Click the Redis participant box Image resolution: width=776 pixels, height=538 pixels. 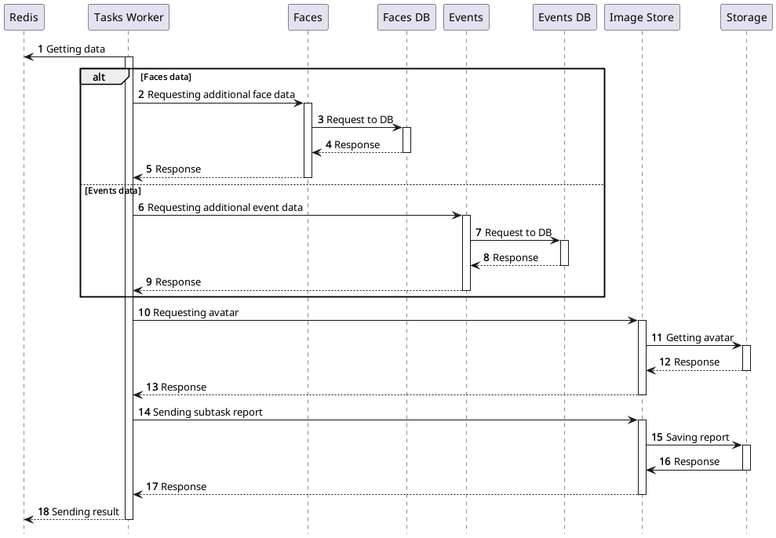pos(24,17)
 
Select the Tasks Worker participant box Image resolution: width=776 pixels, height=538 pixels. pos(128,17)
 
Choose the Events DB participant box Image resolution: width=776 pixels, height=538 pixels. pos(563,17)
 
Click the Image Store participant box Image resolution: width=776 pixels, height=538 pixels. pos(641,17)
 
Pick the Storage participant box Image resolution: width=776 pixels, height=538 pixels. pos(746,17)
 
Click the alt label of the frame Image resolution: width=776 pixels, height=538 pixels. pos(99,77)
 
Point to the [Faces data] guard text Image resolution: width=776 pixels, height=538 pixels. pos(166,77)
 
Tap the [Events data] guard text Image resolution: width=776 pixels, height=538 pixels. pos(112,190)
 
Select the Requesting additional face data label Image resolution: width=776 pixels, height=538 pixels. pos(220,94)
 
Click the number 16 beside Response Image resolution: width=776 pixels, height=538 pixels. pos(665,461)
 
